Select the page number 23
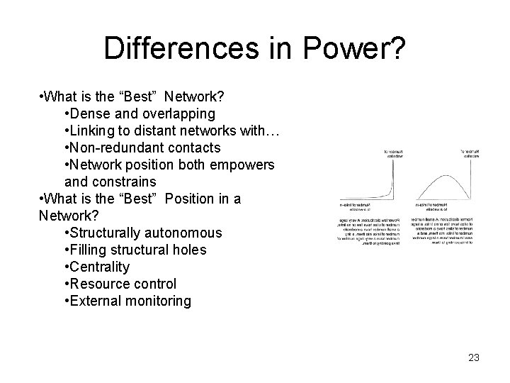pos(474,357)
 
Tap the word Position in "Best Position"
pos(191,199)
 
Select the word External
pos(94,301)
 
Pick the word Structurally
pos(108,233)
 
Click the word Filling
pos(88,250)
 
